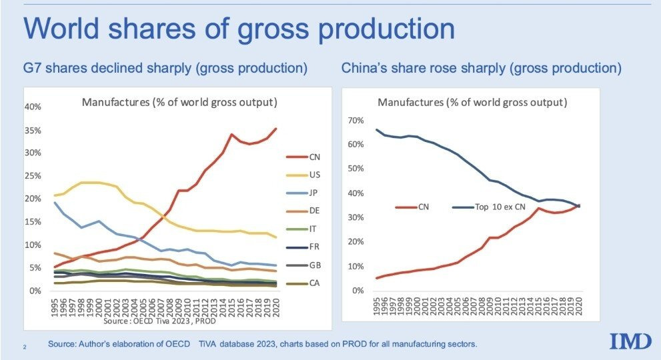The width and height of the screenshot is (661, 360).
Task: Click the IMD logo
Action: (x=630, y=341)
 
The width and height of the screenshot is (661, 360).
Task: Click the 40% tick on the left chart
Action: (x=34, y=107)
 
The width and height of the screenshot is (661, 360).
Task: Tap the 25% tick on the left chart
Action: (x=34, y=176)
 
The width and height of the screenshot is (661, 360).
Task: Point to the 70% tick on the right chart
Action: (x=356, y=121)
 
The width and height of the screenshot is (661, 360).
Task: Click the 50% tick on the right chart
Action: (x=356, y=169)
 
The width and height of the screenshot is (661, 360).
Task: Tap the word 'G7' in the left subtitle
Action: (x=32, y=68)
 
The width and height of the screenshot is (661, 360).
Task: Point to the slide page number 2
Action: (x=25, y=346)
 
